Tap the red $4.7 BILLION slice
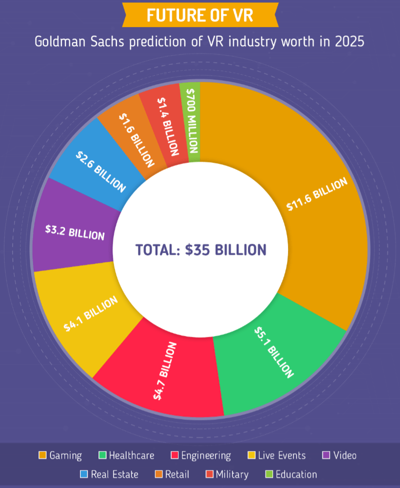tap(165, 370)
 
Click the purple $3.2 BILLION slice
tap(75, 233)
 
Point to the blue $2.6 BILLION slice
tap(100, 171)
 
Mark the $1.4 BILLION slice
tap(168, 125)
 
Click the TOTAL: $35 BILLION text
tap(200, 249)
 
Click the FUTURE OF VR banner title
tap(200, 15)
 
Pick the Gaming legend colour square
tap(42, 455)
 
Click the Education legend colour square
tap(269, 474)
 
